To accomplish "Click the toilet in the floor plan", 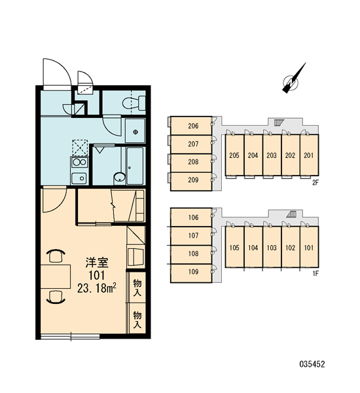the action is click(134, 103).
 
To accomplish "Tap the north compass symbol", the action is click(293, 79).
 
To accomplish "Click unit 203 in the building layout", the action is click(272, 155).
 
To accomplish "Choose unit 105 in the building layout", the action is click(234, 247).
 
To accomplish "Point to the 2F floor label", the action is click(315, 183).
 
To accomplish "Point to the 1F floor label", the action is click(315, 274).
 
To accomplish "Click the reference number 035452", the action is click(312, 364).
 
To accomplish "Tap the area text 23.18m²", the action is click(97, 289).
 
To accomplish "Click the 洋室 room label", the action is click(97, 263).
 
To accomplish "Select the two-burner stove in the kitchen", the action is click(79, 162).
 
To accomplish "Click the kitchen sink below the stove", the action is click(79, 178).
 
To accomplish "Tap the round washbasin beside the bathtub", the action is click(120, 177).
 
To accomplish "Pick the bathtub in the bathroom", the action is click(135, 166).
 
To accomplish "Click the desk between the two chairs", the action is click(56, 276).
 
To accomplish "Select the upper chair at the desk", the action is click(56, 255).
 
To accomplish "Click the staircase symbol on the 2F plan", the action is click(278, 122).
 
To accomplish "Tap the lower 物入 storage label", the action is click(137, 320).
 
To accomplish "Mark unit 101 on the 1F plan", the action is click(309, 247).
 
